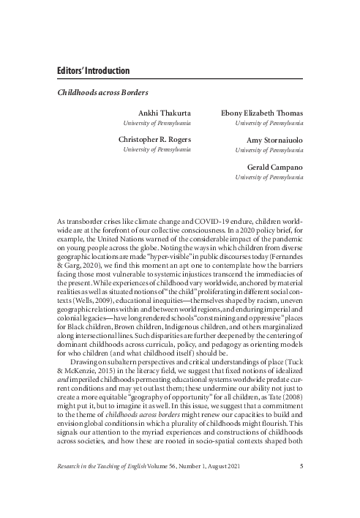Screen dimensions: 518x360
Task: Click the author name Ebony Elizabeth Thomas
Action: tap(262, 113)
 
